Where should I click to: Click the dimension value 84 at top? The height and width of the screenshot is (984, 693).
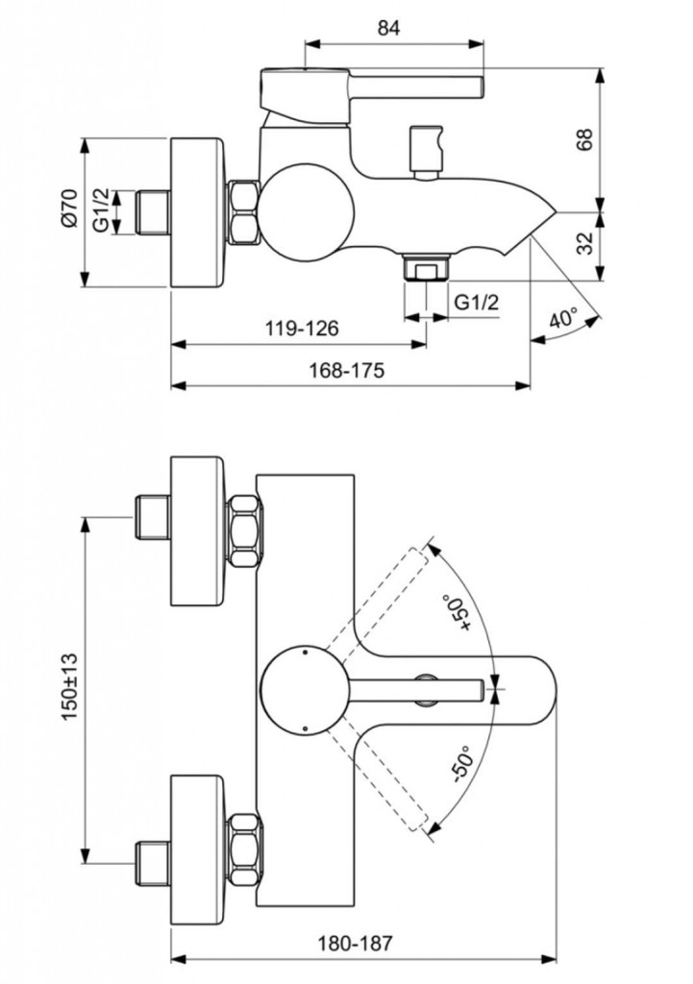point(388,28)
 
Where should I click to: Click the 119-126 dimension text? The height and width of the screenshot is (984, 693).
point(302,329)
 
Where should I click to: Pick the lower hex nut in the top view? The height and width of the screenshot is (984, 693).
point(244,844)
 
